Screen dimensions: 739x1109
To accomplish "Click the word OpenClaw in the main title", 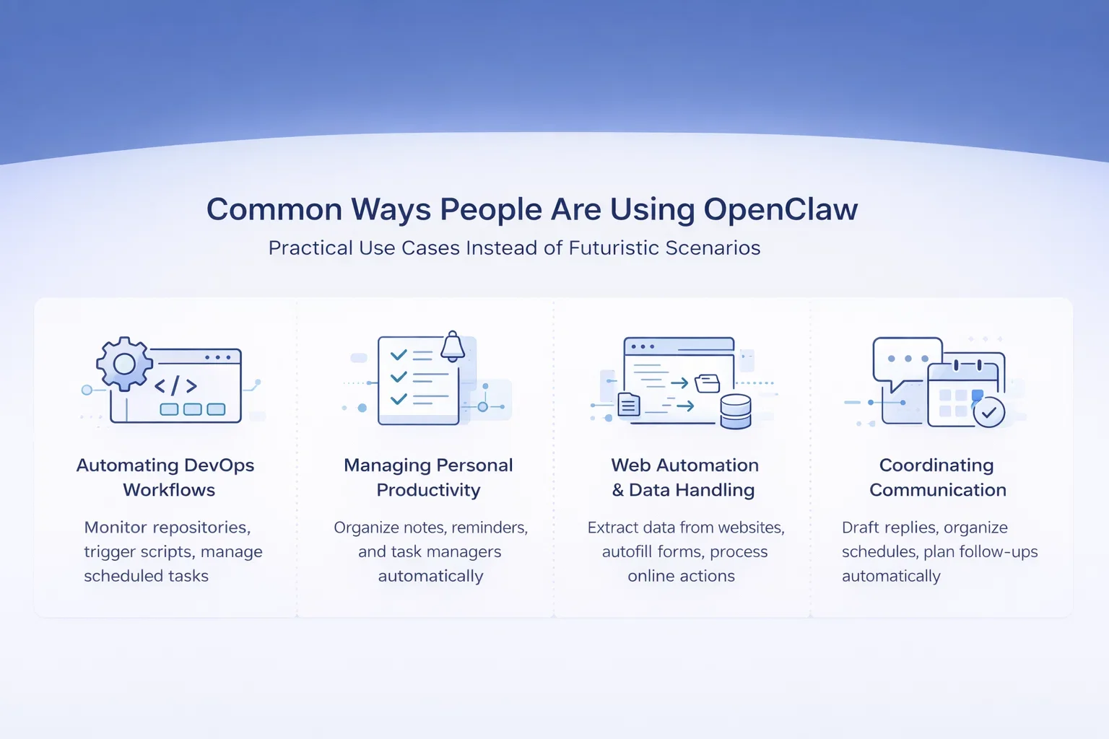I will tap(780, 210).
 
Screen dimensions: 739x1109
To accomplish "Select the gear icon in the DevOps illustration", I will tap(124, 363).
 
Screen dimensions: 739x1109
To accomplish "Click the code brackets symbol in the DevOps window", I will tap(175, 386).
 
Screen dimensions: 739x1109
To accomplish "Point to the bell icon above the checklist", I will tap(453, 346).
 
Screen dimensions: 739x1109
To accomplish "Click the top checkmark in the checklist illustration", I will tap(399, 355).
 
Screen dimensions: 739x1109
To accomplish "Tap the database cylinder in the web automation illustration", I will tap(736, 411).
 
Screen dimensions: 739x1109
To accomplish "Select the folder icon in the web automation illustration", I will tap(708, 382).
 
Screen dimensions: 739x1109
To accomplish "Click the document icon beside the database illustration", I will tap(629, 405).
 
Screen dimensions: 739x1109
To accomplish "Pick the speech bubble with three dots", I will tap(906, 360).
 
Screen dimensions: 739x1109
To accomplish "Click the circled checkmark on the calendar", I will tap(988, 413).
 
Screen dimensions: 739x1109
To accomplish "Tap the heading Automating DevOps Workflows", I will tap(165, 477).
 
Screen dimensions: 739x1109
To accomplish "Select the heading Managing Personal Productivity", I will tap(428, 477).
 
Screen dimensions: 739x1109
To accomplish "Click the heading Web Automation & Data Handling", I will tap(684, 477).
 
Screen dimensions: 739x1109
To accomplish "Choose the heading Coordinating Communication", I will tap(937, 477).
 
